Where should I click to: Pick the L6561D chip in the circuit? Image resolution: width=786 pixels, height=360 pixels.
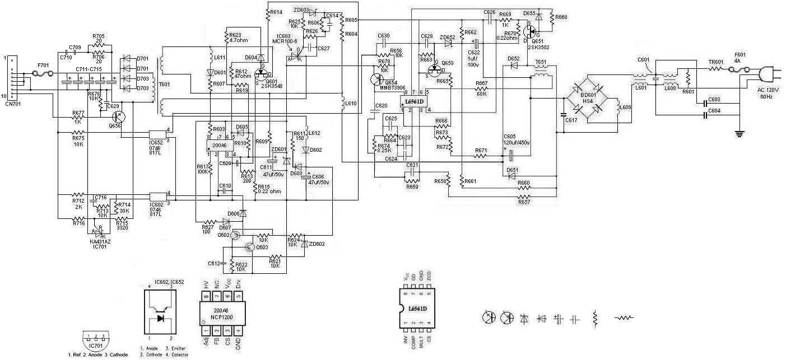point(414,102)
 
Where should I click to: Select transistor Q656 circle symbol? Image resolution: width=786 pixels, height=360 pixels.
point(118,117)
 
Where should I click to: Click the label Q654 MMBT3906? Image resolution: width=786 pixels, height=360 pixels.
point(396,85)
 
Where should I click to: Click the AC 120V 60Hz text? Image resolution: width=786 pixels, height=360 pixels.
point(765,92)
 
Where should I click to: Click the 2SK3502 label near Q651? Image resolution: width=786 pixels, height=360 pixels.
point(538,48)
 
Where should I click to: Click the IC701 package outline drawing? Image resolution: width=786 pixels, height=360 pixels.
point(96,339)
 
